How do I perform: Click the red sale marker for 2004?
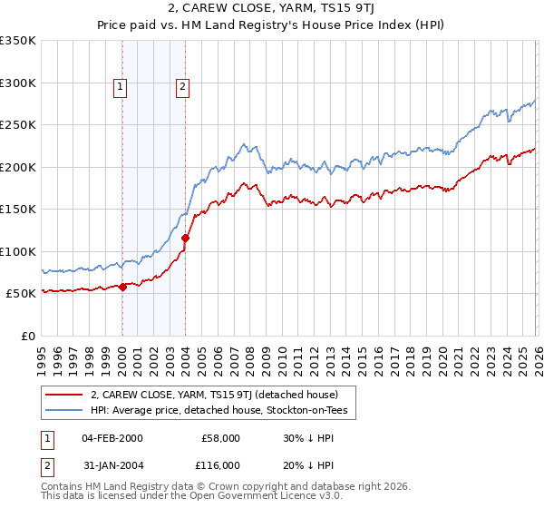[185, 239]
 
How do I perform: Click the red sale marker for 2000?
[122, 287]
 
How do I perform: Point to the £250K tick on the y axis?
[18, 125]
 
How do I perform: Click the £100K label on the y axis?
[18, 251]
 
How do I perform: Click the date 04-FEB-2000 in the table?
[112, 437]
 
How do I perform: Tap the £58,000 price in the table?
[220, 437]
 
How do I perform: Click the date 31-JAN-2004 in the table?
[112, 464]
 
